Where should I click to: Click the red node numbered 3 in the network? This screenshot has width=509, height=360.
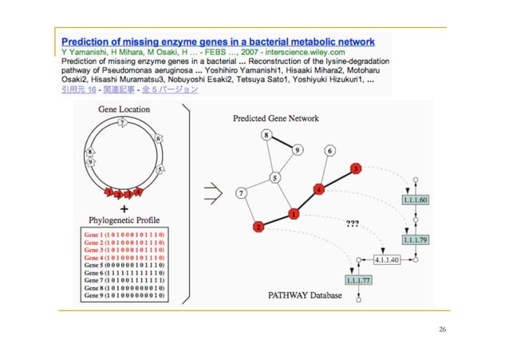[356, 168]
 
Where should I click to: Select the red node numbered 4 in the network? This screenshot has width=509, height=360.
[319, 190]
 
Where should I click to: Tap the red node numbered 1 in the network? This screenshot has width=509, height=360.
[294, 214]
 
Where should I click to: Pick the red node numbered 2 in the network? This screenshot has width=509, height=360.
[258, 227]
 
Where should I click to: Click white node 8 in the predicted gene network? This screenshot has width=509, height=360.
[266, 136]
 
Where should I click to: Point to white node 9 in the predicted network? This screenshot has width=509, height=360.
[297, 149]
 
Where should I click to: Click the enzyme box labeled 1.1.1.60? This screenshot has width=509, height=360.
[416, 199]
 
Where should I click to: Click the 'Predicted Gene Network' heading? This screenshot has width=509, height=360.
[275, 118]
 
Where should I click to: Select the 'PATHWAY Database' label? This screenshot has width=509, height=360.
[304, 295]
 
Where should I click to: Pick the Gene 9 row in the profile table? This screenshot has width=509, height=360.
[124, 295]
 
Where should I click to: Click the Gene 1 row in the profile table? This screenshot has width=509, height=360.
[124, 236]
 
